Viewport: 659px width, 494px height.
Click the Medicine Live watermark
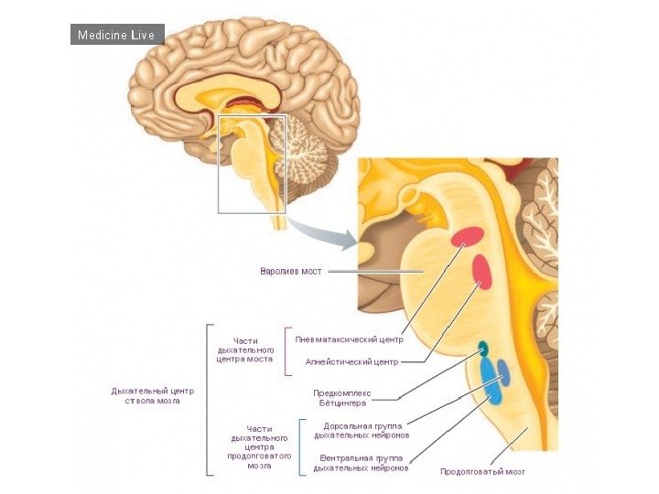pos(117,35)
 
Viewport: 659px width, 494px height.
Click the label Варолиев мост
pos(292,272)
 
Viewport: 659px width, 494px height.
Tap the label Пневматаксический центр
pos(349,338)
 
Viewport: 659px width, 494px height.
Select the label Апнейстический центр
pos(351,362)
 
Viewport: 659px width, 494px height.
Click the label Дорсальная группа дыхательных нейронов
pos(366,431)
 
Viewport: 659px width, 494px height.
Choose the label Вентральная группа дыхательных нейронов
pos(361,462)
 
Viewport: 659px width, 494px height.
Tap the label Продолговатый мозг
pos(482,472)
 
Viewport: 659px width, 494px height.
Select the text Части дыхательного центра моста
pos(245,349)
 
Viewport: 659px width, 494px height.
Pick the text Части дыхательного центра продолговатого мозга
pos(259,446)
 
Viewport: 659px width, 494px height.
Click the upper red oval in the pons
pos(466,237)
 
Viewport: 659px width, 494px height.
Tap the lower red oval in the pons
pos(481,271)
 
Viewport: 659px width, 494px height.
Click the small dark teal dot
pos(482,347)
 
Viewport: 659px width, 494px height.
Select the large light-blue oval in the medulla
pos(491,382)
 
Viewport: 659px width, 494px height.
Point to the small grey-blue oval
pos(503,373)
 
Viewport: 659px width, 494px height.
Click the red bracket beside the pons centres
pos(286,351)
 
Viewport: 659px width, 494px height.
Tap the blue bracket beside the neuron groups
pos(301,446)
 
